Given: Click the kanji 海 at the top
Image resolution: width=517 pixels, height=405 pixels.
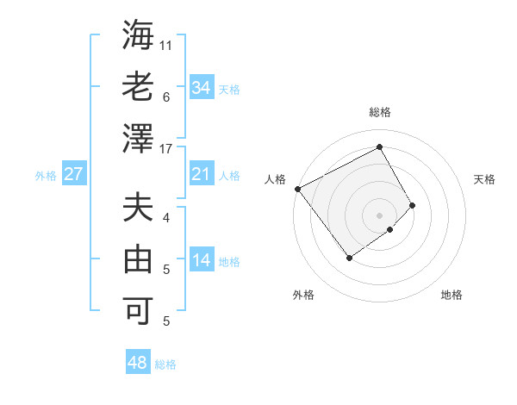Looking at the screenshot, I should [138, 37].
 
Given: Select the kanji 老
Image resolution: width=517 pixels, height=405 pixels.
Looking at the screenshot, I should [138, 88].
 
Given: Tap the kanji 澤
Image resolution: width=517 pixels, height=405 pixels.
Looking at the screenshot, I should [138, 138].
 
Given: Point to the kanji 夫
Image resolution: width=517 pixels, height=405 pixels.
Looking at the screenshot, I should [138, 209].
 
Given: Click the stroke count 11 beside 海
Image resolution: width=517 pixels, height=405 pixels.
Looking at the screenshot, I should [167, 45].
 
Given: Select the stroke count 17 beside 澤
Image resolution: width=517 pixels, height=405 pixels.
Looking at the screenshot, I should [167, 149].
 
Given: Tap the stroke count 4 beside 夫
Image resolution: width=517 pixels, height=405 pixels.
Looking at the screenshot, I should [167, 218].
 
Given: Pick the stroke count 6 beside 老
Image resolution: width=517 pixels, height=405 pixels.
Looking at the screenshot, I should [166, 97].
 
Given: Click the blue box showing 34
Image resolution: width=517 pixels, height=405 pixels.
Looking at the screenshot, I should [202, 88].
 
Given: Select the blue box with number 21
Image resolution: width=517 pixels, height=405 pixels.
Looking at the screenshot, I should [202, 174].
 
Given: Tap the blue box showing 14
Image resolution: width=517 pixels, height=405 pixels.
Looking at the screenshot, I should [202, 260].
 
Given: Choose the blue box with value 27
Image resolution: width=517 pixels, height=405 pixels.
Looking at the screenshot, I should [73, 174].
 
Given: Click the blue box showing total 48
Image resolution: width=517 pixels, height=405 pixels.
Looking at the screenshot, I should [138, 363].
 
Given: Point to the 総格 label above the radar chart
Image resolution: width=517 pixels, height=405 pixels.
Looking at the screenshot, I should [380, 112].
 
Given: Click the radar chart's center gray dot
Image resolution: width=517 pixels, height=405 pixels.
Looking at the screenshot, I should [380, 214].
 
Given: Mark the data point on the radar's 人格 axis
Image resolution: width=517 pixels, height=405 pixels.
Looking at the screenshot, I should [297, 188].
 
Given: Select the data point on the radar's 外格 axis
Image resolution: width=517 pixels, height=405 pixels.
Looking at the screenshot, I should [349, 257].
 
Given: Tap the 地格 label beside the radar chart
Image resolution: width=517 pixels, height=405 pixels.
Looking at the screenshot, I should [452, 296].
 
